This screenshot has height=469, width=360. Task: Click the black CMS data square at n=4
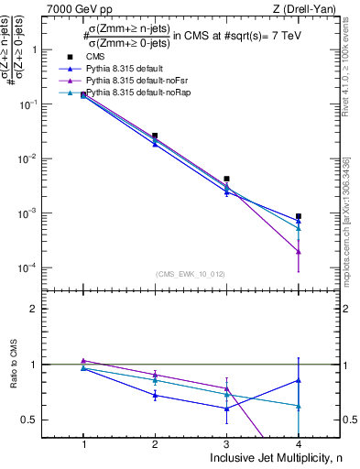point(299,217)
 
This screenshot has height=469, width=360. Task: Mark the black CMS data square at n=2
point(155,136)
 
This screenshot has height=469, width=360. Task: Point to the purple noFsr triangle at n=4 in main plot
point(299,251)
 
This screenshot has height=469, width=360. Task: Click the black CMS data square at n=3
point(227,180)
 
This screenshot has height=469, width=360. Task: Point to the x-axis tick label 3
point(227,441)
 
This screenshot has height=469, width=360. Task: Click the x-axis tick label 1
point(84,441)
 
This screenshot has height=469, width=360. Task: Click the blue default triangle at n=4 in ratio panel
point(299,380)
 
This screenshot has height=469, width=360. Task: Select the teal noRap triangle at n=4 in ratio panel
point(299,406)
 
